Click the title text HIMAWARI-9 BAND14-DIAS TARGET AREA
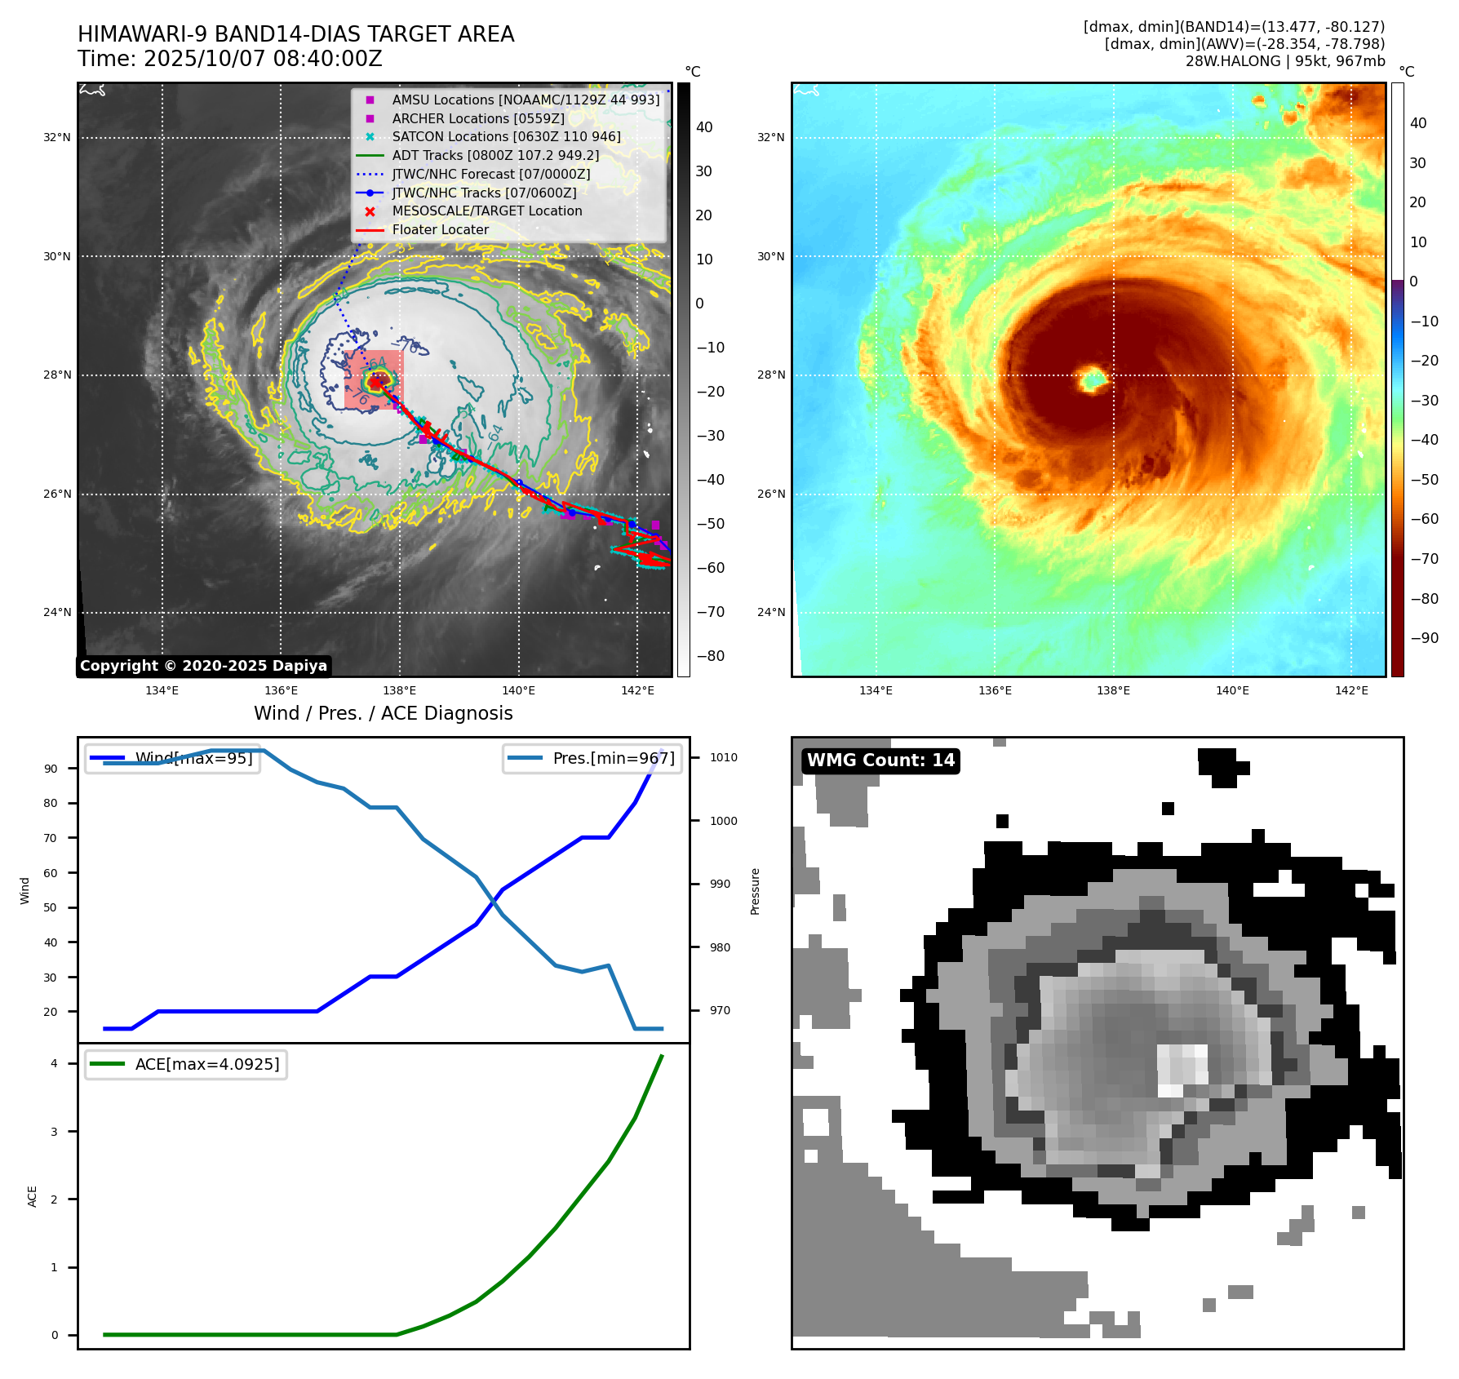[x=295, y=34]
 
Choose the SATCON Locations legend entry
[x=506, y=137]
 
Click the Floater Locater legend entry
[x=440, y=230]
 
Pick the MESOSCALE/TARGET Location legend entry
[x=486, y=211]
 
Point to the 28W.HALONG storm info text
[x=1284, y=61]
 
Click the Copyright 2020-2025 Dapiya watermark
[x=203, y=666]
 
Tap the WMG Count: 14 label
[x=880, y=760]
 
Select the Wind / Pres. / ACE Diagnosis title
[x=383, y=713]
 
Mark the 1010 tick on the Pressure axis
[x=723, y=757]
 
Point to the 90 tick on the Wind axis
[x=51, y=769]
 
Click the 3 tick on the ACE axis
[x=55, y=1132]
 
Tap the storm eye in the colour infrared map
[x=1092, y=379]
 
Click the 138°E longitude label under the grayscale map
[x=400, y=690]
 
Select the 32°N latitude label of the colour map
[x=770, y=137]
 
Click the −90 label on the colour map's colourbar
[x=1424, y=638]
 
